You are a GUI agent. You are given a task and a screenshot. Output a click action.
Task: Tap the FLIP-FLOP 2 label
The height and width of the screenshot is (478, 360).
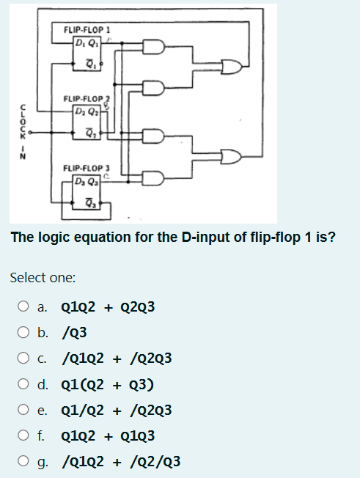(x=86, y=98)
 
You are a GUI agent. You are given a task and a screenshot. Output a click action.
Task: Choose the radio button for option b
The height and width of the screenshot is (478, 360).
(x=24, y=333)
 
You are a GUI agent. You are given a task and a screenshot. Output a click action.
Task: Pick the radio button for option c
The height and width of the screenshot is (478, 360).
(x=24, y=358)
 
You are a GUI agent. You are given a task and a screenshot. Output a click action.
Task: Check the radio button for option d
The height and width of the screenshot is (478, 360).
(x=24, y=384)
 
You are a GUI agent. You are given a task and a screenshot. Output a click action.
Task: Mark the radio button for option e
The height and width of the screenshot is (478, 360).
(x=24, y=410)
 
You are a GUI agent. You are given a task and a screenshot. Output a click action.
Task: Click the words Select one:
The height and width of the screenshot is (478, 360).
(x=43, y=278)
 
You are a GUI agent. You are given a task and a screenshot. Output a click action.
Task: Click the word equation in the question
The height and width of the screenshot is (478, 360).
(x=99, y=238)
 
